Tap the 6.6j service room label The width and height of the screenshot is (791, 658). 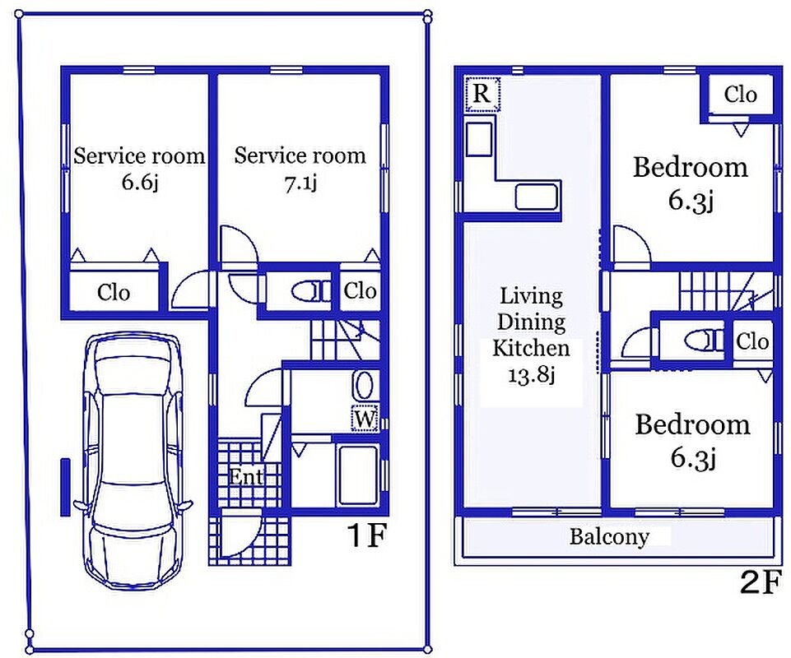tap(139, 168)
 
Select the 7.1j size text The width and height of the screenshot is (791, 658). tap(300, 183)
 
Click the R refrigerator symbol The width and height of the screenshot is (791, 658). tap(482, 94)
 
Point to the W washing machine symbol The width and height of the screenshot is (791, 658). tap(365, 419)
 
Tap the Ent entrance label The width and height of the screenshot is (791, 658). tap(245, 476)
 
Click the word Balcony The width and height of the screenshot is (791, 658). tap(609, 536)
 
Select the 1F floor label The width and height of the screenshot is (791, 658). tap(367, 535)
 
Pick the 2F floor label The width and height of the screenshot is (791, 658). tap(761, 582)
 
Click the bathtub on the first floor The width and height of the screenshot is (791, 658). tap(358, 475)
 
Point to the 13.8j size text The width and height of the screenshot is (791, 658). tap(531, 374)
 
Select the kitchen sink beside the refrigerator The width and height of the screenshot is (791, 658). tap(479, 140)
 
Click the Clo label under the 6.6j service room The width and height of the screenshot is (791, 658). tap(114, 293)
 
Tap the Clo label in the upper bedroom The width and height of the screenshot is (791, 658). tap(740, 95)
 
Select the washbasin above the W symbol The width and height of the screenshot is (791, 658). tap(365, 386)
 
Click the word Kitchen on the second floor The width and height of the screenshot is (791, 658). tap(531, 349)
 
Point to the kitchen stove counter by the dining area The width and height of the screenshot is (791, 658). tap(537, 197)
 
